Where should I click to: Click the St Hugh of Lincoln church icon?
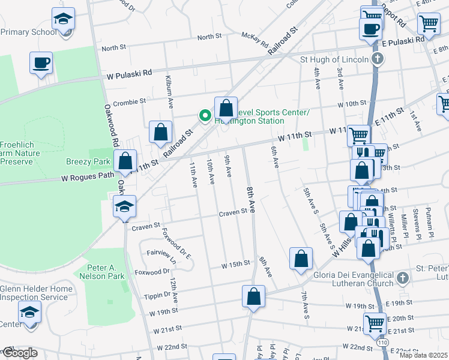376,59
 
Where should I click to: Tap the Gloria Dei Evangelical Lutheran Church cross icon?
402,278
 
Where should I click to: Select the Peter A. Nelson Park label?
100,272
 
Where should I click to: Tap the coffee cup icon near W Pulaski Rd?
41,64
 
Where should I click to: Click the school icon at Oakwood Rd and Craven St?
124,208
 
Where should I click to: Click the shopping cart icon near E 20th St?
375,323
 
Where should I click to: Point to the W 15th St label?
235,264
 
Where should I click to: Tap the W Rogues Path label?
88,177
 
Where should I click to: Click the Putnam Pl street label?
429,220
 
